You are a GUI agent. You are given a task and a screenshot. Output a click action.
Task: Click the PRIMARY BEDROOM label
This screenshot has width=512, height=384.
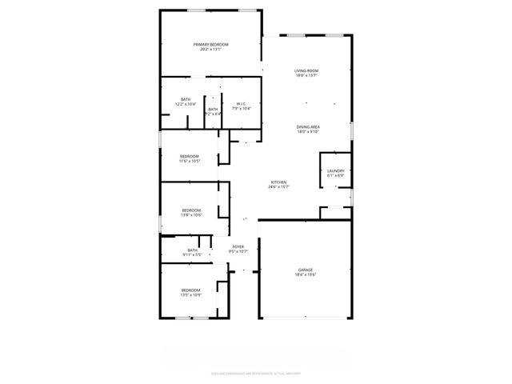tap(210, 44)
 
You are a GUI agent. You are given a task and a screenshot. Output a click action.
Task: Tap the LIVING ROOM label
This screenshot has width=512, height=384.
tap(306, 71)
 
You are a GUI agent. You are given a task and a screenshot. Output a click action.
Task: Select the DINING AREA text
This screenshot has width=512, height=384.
tap(308, 127)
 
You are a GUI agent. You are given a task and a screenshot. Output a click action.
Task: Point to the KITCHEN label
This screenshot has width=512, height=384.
tap(278, 182)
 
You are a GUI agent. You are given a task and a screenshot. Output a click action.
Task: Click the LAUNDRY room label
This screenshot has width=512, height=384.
tap(335, 171)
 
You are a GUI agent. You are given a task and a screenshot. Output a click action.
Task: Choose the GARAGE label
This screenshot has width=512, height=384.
tap(306, 270)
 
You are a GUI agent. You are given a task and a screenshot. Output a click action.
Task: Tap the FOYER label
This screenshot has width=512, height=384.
tap(238, 246)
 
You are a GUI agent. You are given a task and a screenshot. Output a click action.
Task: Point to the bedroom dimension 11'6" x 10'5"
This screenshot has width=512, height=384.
tap(189, 161)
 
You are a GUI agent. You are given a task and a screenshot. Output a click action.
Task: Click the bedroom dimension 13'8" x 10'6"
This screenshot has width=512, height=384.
tap(190, 214)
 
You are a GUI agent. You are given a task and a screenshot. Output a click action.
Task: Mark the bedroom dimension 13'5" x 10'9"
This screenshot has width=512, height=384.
tap(190, 295)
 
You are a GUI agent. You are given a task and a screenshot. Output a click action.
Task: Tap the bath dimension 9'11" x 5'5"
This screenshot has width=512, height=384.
tap(192, 254)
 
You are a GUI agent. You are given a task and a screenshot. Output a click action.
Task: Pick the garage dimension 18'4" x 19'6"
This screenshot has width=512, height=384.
tap(306, 274)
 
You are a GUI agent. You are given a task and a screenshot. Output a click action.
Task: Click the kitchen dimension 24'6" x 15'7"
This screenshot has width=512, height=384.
tap(278, 187)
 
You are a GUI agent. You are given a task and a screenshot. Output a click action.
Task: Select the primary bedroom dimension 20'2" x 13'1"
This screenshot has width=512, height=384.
tap(210, 50)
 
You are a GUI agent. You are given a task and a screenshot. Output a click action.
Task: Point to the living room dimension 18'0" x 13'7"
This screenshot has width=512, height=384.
tap(306, 76)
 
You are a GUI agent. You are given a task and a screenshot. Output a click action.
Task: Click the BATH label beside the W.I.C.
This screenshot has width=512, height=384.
tap(213, 109)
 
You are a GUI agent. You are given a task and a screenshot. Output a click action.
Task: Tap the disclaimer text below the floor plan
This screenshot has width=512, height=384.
tap(255, 372)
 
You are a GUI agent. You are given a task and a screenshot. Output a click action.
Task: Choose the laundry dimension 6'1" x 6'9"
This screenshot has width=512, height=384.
tap(335, 176)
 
